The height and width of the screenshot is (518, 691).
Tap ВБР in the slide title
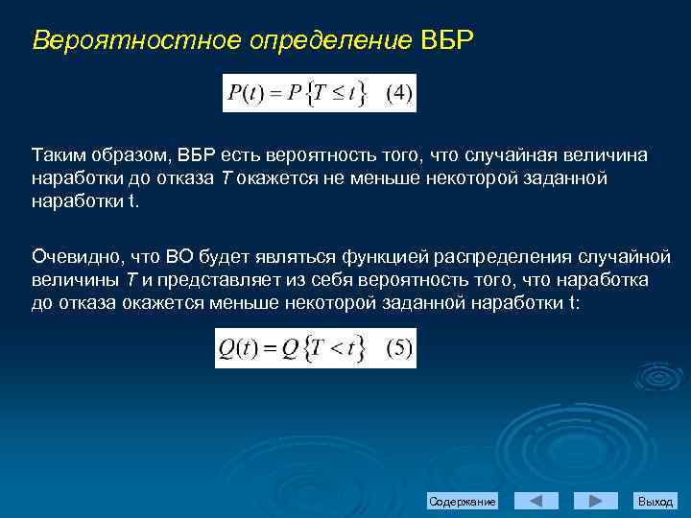pos(448,41)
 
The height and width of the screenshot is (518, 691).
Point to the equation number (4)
pos(399,94)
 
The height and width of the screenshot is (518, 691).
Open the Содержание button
pos(463,502)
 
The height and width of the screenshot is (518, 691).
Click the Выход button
pos(655,502)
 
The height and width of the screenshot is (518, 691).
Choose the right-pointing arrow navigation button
pos(595,501)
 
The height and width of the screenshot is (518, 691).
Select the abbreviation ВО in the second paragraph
pos(179,256)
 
